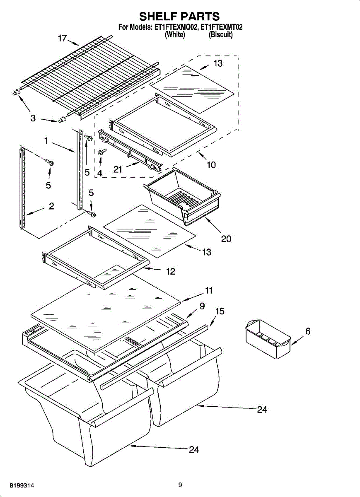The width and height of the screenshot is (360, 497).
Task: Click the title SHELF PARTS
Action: point(179,17)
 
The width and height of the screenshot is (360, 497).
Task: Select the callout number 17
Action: point(62,39)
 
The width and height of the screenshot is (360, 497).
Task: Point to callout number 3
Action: point(33,118)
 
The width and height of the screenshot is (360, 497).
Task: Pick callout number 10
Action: point(211,165)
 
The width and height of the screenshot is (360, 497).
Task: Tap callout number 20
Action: point(226,239)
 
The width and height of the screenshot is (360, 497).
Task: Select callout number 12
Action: point(171,271)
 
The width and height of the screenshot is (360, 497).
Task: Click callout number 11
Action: point(209,290)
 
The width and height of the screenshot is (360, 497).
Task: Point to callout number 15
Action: point(220,311)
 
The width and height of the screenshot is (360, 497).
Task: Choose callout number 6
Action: point(308,331)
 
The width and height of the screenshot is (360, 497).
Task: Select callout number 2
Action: point(51,206)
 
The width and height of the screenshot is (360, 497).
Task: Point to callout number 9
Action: point(202,306)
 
